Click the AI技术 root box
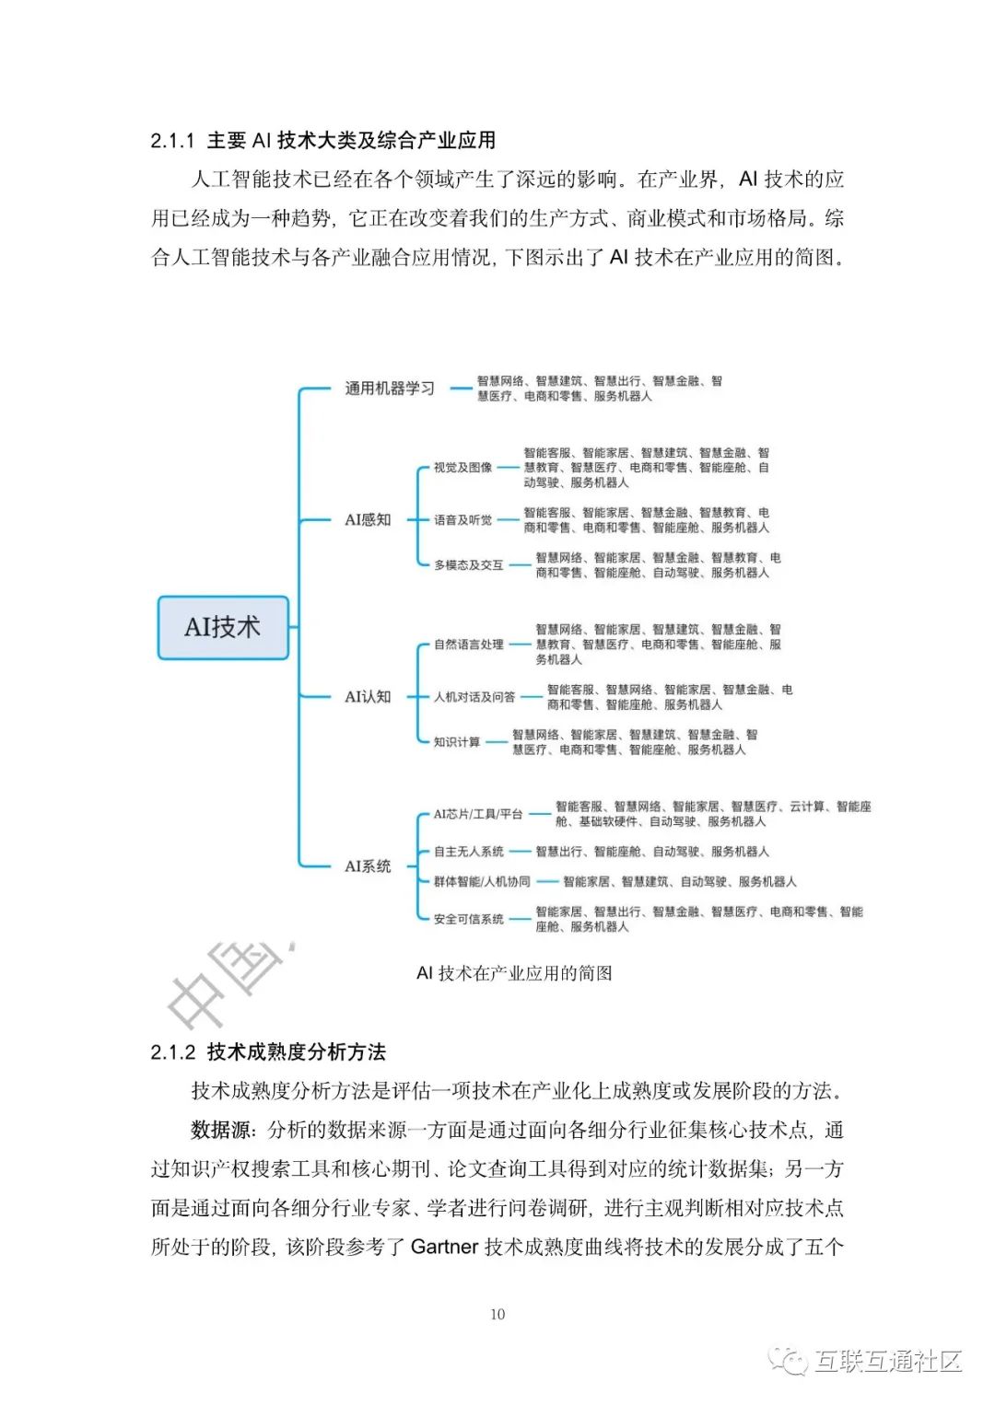coord(223,627)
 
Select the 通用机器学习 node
coord(389,389)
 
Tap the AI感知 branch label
coord(368,520)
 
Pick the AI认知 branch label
coord(368,697)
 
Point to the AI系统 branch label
coord(368,866)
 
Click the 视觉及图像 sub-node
coord(462,468)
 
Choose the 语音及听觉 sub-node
coord(462,520)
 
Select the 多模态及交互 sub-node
coord(468,565)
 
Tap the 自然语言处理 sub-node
coord(468,644)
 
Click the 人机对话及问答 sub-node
coord(474,697)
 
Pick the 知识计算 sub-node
coord(457,742)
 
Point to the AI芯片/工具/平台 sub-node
coord(478,814)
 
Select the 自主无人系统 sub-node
coord(468,852)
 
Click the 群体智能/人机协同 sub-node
coord(482,882)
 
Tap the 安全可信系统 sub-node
coord(468,919)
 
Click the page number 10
coord(497,1315)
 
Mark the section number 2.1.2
coord(173,1052)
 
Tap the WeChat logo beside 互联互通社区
coord(790,1360)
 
